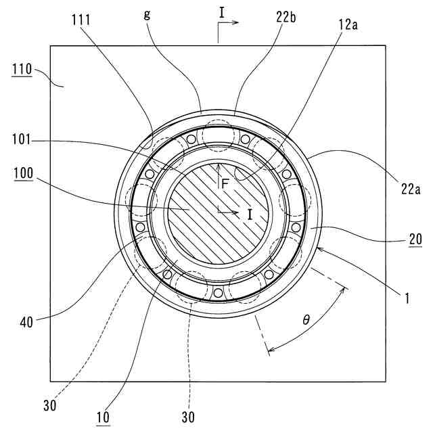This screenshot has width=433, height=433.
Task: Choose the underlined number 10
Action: pos(103,417)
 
